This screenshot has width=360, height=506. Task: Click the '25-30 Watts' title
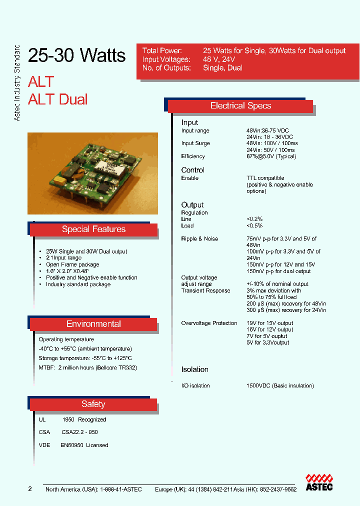[77, 55]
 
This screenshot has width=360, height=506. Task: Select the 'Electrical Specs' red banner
[240, 106]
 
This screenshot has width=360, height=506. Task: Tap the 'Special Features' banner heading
[93, 229]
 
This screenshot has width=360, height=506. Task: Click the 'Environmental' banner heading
[93, 324]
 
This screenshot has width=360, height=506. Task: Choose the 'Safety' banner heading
[93, 404]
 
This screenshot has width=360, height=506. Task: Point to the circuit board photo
[92, 173]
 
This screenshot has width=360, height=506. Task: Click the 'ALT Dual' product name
[57, 99]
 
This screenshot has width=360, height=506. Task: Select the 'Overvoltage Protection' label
[209, 323]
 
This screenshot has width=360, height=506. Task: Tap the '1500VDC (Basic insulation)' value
[280, 385]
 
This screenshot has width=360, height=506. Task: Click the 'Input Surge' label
[195, 143]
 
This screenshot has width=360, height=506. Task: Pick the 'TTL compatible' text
[265, 178]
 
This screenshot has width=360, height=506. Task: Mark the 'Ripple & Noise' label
[199, 239]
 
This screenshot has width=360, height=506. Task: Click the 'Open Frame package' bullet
[72, 264]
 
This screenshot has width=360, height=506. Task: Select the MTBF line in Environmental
[87, 367]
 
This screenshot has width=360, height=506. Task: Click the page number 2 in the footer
[30, 489]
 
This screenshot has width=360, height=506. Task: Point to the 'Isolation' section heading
[194, 369]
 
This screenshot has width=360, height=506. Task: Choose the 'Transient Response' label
[205, 290]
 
